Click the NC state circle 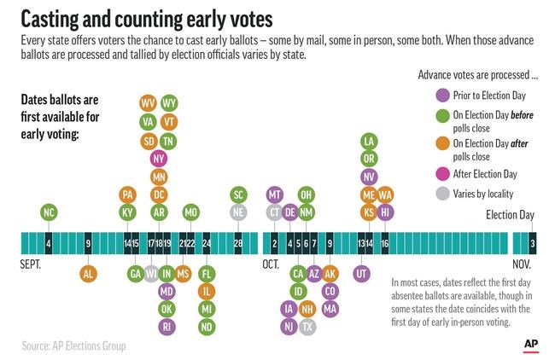pos(49,212)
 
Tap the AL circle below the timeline pos(88,274)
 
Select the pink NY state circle pos(159,159)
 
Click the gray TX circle pos(307,327)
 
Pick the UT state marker pos(361,274)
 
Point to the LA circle pos(369,142)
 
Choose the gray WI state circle pos(151,274)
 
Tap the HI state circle pos(385,212)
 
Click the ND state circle pos(207,327)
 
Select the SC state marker pos(238,195)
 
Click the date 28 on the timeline pos(238,243)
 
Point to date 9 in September pos(88,243)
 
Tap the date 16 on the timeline pos(385,243)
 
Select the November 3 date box pos(533,243)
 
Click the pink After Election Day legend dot pos(442,174)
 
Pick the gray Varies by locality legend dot pos(442,194)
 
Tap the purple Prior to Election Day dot pos(442,96)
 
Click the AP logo pos(531,345)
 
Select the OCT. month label pos(271,264)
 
